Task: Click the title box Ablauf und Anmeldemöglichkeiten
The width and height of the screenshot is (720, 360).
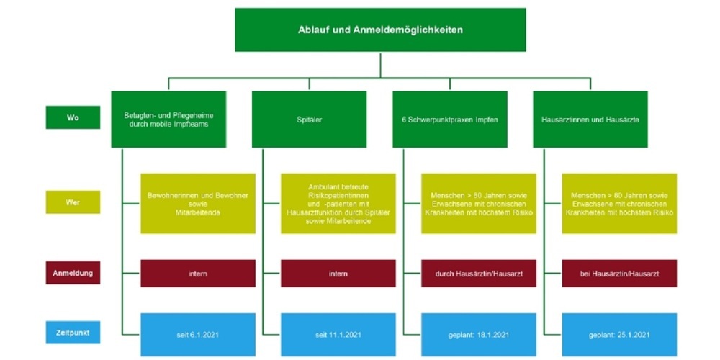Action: pos(380,30)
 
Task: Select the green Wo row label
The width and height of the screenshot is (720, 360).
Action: pos(73,117)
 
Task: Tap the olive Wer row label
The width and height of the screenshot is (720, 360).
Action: pos(73,202)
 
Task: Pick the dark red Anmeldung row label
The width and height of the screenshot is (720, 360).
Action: pos(73,273)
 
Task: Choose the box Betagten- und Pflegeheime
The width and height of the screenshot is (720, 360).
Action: pos(168,119)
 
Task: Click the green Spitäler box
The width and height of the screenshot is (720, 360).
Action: pos(309,119)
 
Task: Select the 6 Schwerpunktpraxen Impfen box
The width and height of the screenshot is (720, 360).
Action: pos(449,119)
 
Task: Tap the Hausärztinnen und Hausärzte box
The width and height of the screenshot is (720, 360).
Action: pos(590,119)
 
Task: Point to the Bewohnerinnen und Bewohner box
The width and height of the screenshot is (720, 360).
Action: pos(198,203)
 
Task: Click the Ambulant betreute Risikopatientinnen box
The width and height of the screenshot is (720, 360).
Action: pos(338,203)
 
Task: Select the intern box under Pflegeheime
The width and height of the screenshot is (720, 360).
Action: pos(198,274)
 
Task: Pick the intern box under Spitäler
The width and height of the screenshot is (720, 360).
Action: pos(338,274)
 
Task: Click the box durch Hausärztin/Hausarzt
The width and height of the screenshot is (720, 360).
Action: pos(479,274)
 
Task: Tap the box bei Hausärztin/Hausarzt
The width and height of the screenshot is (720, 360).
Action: pos(619,274)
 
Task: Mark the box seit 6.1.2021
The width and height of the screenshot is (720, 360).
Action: pos(198,334)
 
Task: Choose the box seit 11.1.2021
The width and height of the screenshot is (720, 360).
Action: pos(338,334)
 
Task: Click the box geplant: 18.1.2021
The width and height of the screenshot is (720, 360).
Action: pos(479,334)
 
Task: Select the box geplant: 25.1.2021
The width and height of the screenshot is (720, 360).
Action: pos(619,334)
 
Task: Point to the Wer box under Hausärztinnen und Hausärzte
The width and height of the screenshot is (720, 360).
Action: pos(619,203)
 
